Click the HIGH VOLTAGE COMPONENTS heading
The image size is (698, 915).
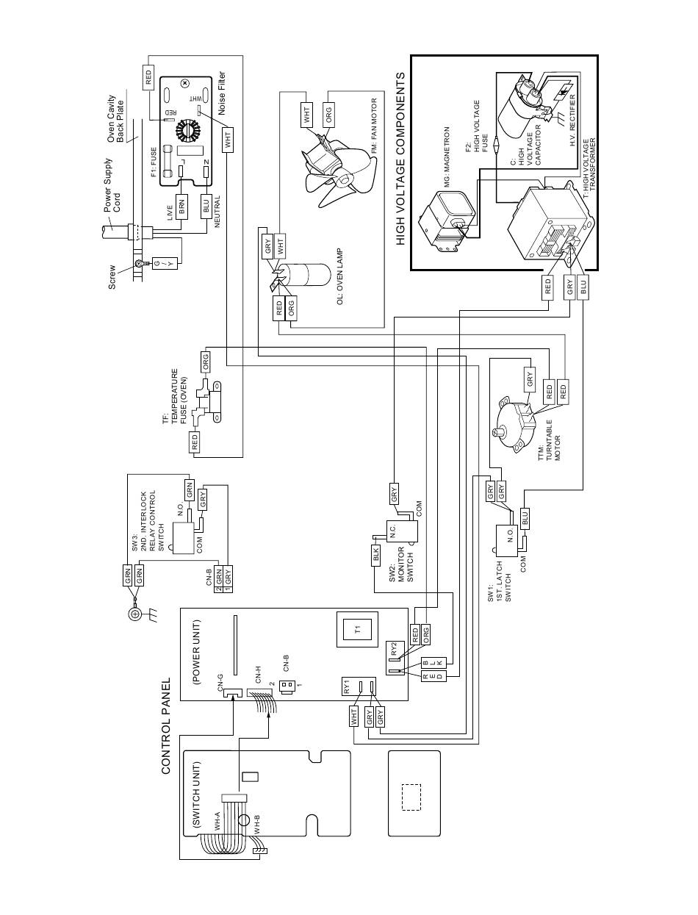point(400,159)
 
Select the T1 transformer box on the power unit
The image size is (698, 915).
point(357,628)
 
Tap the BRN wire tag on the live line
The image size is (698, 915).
point(181,206)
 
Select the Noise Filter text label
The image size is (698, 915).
point(221,93)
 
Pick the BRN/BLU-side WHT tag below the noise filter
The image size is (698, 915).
point(228,140)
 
